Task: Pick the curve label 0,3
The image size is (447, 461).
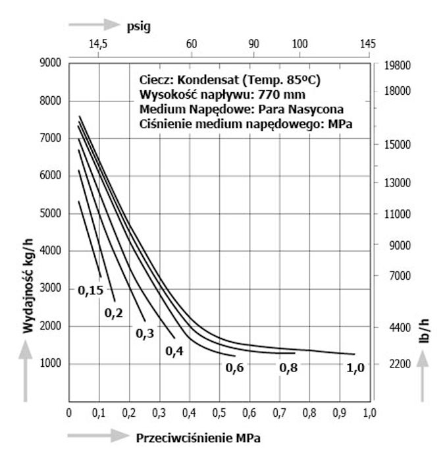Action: [x=145, y=334]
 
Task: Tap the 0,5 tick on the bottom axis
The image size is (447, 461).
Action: [x=218, y=413]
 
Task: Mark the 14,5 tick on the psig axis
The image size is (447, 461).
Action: [x=97, y=44]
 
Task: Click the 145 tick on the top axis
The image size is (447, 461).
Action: [x=368, y=44]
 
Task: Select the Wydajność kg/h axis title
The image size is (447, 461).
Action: [x=28, y=283]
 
